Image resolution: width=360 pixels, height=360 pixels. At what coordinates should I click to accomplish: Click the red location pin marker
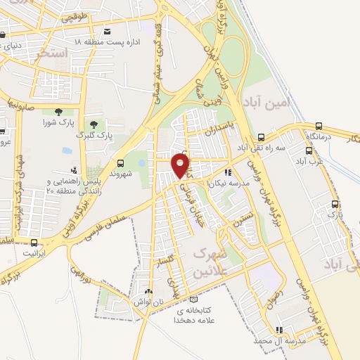tap(181, 166)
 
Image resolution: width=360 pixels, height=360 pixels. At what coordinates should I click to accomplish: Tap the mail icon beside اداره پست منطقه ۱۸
tap(107, 32)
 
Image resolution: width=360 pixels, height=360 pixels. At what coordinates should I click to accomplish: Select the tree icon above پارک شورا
tap(58, 111)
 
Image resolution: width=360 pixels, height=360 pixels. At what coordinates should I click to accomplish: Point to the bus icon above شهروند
tap(120, 162)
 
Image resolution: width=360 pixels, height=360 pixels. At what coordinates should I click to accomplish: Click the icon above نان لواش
tap(148, 291)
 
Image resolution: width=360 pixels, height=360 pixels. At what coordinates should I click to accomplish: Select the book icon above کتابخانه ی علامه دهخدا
tap(193, 299)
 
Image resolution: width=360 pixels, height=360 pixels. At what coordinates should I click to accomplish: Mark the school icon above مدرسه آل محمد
tap(279, 329)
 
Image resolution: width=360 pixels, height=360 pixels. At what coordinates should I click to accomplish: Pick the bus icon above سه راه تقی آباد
tap(261, 138)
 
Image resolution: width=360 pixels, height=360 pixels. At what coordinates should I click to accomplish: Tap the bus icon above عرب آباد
tap(309, 150)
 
